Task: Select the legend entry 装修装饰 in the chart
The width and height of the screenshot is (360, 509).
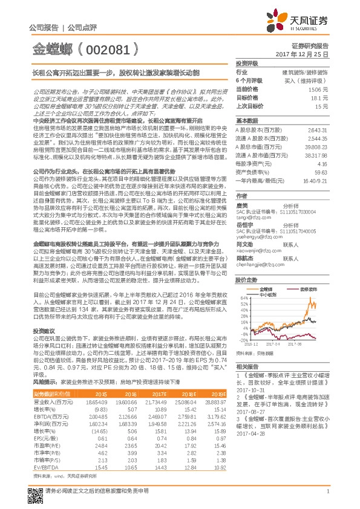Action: click(x=308, y=290)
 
